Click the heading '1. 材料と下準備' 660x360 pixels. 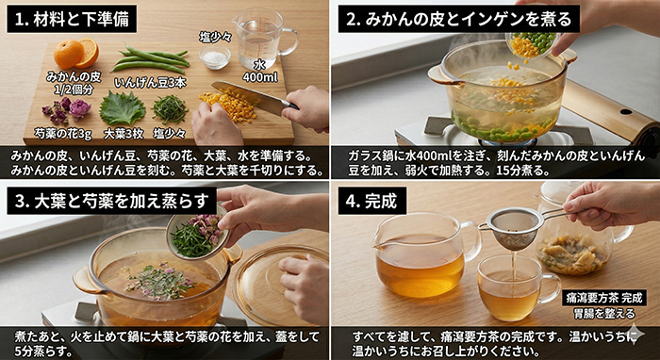tap(72, 18)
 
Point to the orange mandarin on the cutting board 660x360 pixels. tap(73, 54)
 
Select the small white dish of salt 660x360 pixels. tap(215, 58)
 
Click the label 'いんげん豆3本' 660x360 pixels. tap(150, 82)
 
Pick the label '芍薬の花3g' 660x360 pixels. tap(63, 133)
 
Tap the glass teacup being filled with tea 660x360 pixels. tap(513, 287)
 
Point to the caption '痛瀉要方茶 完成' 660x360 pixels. tap(604, 297)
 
